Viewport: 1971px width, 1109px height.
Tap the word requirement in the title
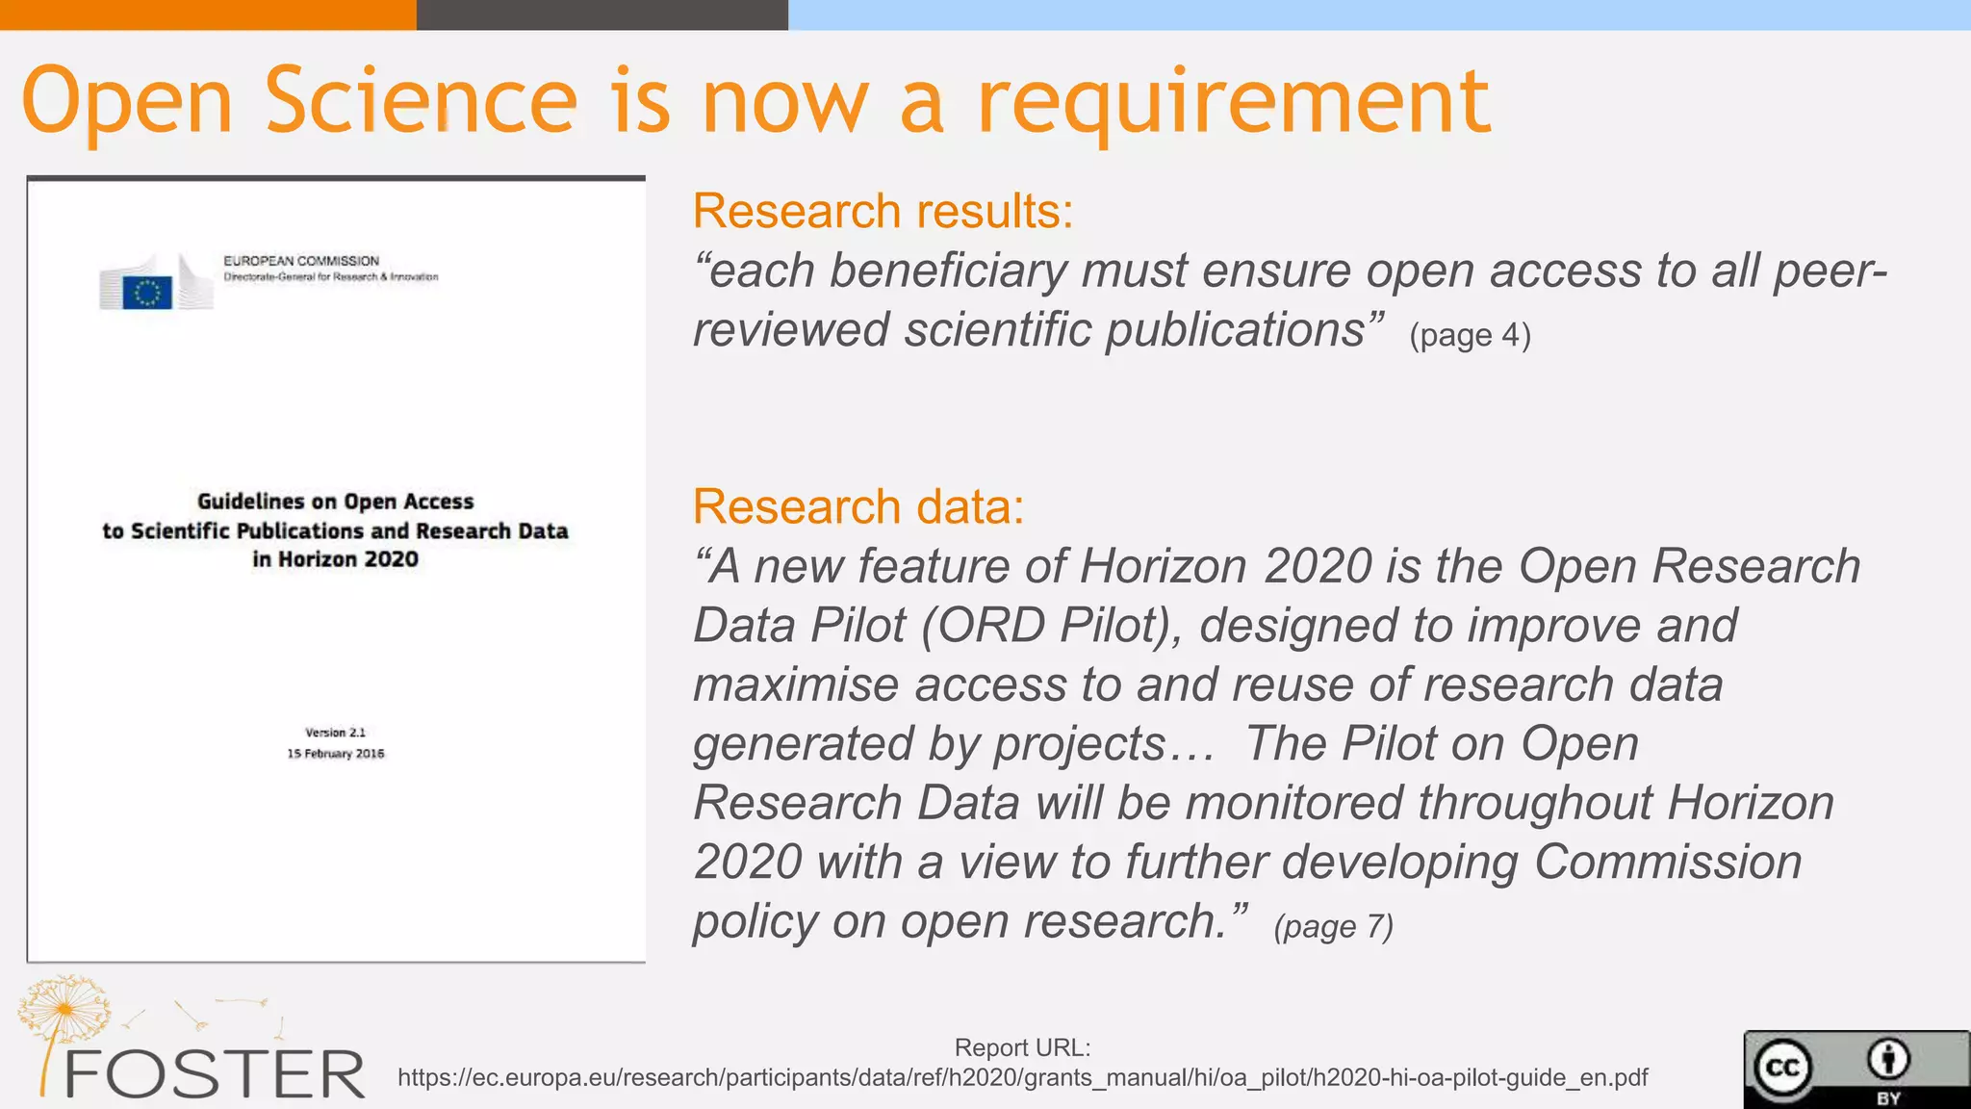[x=1234, y=102]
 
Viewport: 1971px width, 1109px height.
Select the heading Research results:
[x=883, y=211]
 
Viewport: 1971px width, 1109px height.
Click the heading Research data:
[x=858, y=506]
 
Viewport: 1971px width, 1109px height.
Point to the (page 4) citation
[x=1470, y=335]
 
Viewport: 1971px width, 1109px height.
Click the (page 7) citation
[x=1333, y=926]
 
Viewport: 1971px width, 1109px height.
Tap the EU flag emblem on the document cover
[x=147, y=292]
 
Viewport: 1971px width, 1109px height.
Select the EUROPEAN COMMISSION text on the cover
[x=301, y=261]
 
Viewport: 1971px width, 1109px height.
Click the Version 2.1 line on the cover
[x=336, y=733]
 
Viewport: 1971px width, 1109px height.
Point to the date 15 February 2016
[x=336, y=754]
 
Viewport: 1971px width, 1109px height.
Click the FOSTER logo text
[x=214, y=1074]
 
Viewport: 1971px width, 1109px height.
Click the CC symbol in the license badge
[x=1782, y=1068]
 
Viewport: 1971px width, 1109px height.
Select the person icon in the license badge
[x=1888, y=1060]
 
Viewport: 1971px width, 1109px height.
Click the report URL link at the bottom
[x=1022, y=1077]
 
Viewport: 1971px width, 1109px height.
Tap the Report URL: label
[x=1022, y=1047]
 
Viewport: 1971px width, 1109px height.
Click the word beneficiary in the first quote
[x=948, y=271]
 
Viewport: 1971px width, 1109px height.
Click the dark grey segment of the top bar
[x=602, y=14]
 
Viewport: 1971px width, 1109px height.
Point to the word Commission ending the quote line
[x=1667, y=862]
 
